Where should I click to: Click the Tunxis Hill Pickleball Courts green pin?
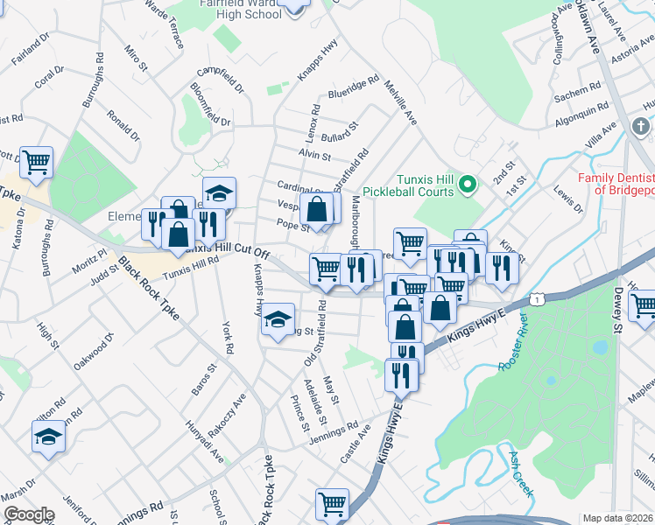click(467, 185)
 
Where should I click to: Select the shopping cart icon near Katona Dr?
click(36, 162)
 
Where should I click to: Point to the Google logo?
click(28, 514)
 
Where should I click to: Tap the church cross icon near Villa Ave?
click(640, 128)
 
